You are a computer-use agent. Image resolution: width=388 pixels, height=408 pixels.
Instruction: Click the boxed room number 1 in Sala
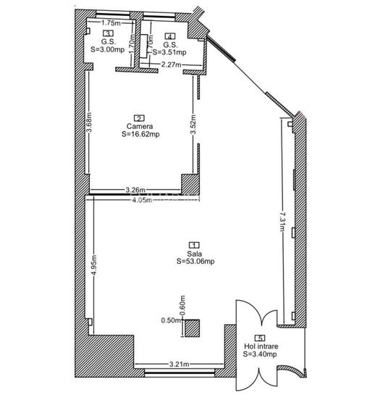pyautogui.click(x=194, y=246)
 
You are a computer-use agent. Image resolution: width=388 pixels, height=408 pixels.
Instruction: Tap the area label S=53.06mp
pyautogui.click(x=194, y=262)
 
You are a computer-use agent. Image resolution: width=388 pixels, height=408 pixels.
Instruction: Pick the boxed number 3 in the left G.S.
pyautogui.click(x=108, y=33)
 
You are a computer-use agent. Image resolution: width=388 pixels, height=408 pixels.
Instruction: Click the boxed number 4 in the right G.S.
pyautogui.click(x=169, y=36)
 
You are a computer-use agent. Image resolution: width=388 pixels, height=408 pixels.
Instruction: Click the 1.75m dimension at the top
pyautogui.click(x=111, y=22)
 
